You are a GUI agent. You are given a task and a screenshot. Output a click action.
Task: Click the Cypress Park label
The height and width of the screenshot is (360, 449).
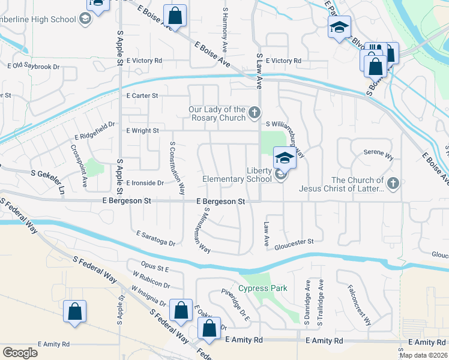(263, 288)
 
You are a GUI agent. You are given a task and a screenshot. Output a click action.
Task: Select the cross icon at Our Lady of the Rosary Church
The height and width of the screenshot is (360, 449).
(255, 112)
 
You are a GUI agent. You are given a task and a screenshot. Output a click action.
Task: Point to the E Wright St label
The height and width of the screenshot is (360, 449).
(142, 130)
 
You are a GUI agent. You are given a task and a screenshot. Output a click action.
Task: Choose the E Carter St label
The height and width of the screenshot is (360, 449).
(142, 95)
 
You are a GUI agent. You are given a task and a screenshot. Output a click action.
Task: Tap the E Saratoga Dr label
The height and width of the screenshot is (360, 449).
(155, 238)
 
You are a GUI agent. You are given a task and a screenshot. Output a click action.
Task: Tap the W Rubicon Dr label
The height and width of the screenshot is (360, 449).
(151, 281)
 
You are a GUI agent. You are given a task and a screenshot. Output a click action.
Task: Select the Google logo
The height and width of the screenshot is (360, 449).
(20, 353)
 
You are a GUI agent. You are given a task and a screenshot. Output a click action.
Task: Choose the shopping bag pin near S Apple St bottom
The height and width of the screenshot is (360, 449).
(74, 312)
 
